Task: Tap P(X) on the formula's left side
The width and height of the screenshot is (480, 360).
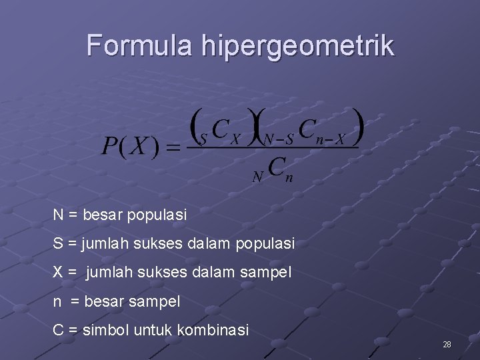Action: (x=131, y=146)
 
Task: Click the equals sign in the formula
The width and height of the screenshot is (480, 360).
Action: (x=173, y=147)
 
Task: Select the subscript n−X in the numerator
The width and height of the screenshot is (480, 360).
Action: (x=331, y=140)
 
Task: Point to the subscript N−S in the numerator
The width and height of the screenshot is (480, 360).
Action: (x=279, y=140)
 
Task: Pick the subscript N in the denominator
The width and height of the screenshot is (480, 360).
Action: (x=257, y=177)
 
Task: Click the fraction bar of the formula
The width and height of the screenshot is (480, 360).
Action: (x=273, y=148)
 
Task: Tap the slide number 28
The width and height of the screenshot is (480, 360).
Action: (x=447, y=345)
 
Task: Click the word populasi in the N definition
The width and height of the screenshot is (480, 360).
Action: (x=158, y=215)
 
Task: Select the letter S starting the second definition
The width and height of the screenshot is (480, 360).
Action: (x=58, y=244)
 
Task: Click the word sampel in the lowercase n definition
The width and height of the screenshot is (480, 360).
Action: (x=155, y=301)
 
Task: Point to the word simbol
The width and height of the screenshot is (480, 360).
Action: (x=106, y=330)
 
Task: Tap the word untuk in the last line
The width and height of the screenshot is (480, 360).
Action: (x=151, y=330)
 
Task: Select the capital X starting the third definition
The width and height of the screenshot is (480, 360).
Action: (x=59, y=273)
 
